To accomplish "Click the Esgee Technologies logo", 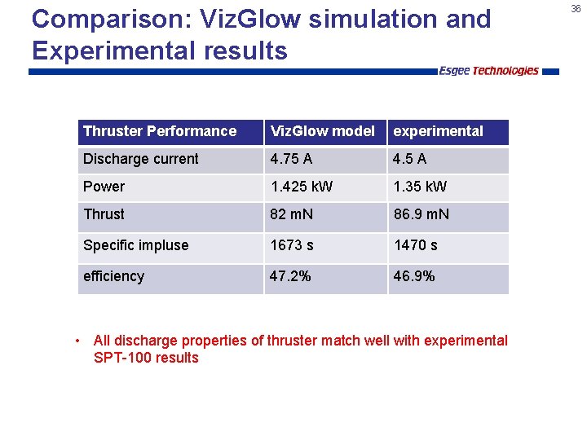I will tap(488, 71).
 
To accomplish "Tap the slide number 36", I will tap(576, 8).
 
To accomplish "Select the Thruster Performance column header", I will tap(160, 131).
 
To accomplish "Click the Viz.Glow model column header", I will tap(323, 131).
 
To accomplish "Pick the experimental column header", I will tap(438, 131).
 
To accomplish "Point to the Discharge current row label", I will tap(141, 159).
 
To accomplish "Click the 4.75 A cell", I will tap(292, 159).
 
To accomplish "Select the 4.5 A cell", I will tap(409, 159).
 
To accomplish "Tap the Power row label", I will tap(104, 187).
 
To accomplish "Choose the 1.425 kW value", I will tap(302, 187).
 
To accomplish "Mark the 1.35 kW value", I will tap(420, 187).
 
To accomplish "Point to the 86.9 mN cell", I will tap(421, 214).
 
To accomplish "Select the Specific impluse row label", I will tap(136, 245).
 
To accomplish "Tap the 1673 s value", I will tap(292, 245).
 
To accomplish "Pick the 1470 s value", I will tap(415, 245).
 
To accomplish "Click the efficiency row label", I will tap(114, 276).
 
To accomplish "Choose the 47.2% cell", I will tap(290, 276).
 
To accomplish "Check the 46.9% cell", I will tap(414, 276).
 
